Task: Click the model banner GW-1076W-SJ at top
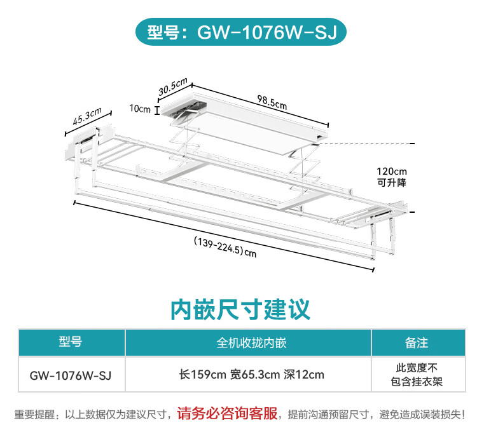[x=238, y=32]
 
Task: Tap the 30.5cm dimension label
[x=172, y=86]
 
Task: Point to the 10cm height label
[x=140, y=109]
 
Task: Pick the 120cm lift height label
[x=391, y=172]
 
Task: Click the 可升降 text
[x=391, y=182]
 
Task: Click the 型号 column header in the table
[x=71, y=342]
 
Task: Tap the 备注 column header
[x=417, y=343]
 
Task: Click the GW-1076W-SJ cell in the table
[x=71, y=375]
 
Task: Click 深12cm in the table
[x=304, y=375]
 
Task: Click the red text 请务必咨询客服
[x=227, y=414]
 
